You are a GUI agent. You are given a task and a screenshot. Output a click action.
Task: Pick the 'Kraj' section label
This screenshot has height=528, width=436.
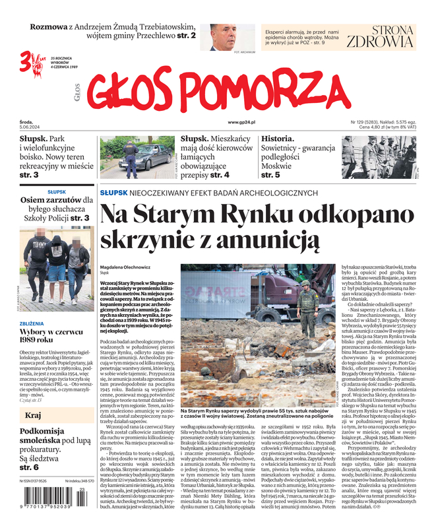point(33,416)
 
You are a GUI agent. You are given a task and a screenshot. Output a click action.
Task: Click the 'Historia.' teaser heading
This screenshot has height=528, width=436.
point(278,139)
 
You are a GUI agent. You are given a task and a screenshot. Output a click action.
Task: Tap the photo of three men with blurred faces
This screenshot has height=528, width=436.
point(56,268)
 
